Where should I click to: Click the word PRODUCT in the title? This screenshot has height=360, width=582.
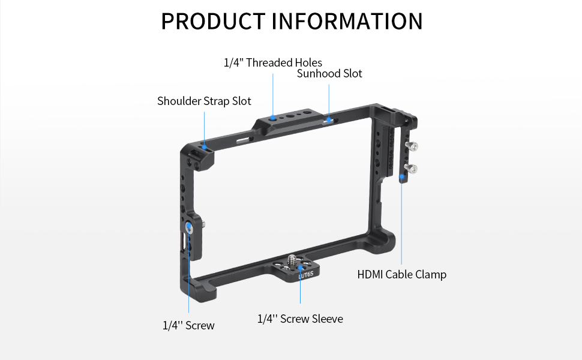214,21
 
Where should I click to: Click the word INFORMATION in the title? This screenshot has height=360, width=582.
347,21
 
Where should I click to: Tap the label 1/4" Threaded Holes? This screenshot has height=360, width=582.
273,62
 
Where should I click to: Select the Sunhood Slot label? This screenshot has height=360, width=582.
329,74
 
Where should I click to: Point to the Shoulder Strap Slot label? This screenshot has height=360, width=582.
204,101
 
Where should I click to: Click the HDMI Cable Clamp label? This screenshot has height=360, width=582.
401,275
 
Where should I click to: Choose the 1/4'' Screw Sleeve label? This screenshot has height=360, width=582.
300,319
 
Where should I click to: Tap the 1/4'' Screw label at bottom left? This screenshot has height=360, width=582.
188,325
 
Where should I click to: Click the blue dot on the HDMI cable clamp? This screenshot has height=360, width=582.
401,178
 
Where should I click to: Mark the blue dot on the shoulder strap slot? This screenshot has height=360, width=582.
205,146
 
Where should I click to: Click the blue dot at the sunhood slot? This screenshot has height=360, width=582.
329,120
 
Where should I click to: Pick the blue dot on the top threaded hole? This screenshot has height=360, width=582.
273,118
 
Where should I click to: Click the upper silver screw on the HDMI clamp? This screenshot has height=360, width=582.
413,146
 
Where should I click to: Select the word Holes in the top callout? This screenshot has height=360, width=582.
308,62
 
